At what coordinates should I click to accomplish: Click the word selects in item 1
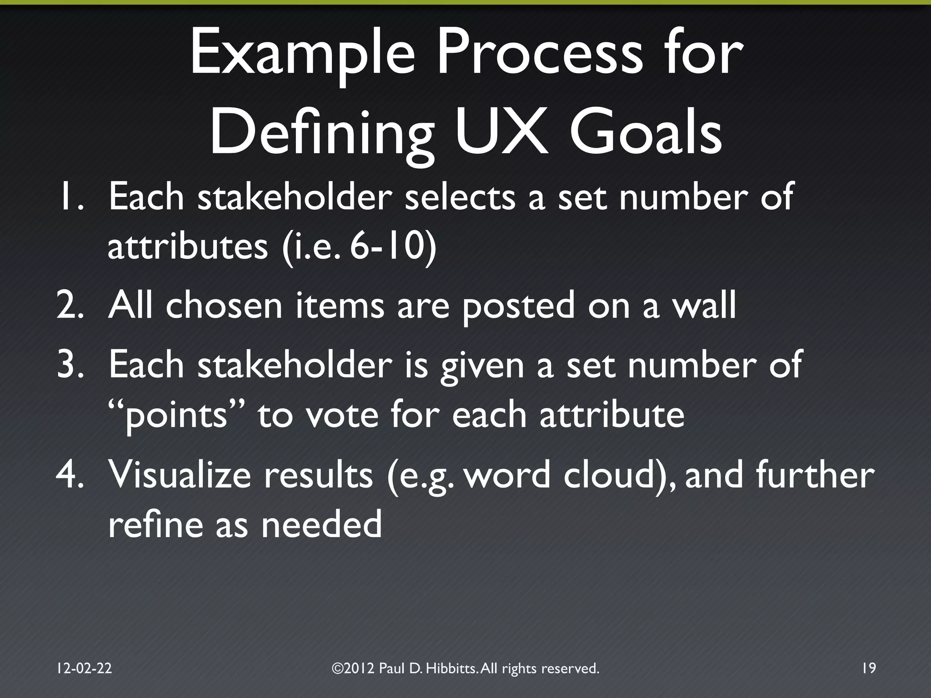460,196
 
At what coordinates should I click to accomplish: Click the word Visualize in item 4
180,475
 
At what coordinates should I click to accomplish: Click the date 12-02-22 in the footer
84,668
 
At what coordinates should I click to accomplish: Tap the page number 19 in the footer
868,668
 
